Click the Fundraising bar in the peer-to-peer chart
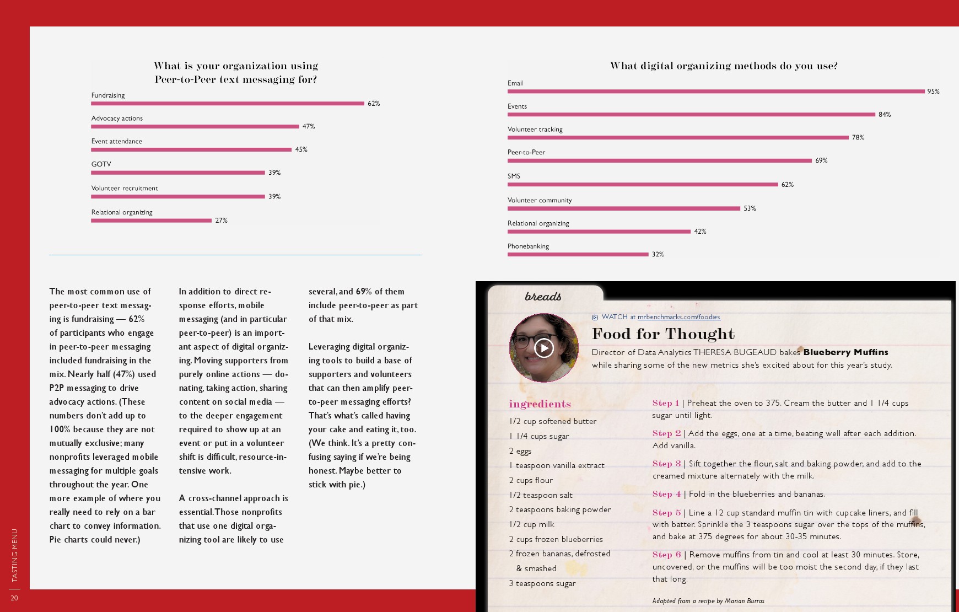[228, 103]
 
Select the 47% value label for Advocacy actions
[309, 127]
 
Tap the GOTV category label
[101, 164]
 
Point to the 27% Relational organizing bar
[151, 221]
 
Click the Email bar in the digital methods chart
[716, 92]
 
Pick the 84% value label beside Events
[885, 115]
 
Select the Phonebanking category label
[528, 246]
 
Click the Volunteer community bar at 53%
[623, 208]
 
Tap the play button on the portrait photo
[544, 348]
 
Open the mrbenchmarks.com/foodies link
[678, 317]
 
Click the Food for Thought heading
[663, 334]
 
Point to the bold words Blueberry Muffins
[845, 352]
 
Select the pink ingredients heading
[540, 404]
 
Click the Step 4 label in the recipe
[666, 495]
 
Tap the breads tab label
[543, 297]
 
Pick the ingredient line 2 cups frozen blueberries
[556, 539]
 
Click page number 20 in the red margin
[14, 598]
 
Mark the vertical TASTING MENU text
[15, 555]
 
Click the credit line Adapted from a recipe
[708, 601]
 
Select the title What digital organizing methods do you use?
[724, 66]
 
